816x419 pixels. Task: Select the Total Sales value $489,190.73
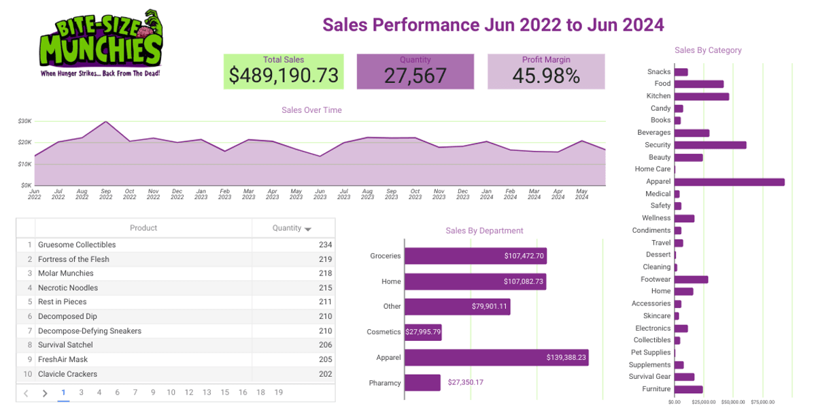tap(284, 76)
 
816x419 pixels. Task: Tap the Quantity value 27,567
tap(415, 76)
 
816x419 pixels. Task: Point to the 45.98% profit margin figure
tap(546, 76)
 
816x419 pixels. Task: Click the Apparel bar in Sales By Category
tap(729, 182)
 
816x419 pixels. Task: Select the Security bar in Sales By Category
tap(710, 145)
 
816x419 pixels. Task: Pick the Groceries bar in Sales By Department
tap(475, 256)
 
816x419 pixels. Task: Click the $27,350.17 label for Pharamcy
tap(466, 382)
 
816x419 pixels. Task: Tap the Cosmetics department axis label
tap(384, 332)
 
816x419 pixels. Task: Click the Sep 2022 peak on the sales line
tap(105, 122)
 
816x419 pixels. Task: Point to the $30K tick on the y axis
tap(25, 121)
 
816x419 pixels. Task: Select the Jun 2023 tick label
tap(320, 195)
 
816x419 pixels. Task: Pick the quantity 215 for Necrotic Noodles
tap(325, 288)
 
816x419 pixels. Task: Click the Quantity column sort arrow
tap(308, 229)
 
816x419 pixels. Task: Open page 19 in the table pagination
tap(279, 392)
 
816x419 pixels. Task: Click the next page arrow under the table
tap(45, 393)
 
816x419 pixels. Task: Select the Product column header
tap(143, 228)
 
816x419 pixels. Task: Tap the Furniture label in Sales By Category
tap(656, 389)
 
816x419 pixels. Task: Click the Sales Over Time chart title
tap(311, 110)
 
